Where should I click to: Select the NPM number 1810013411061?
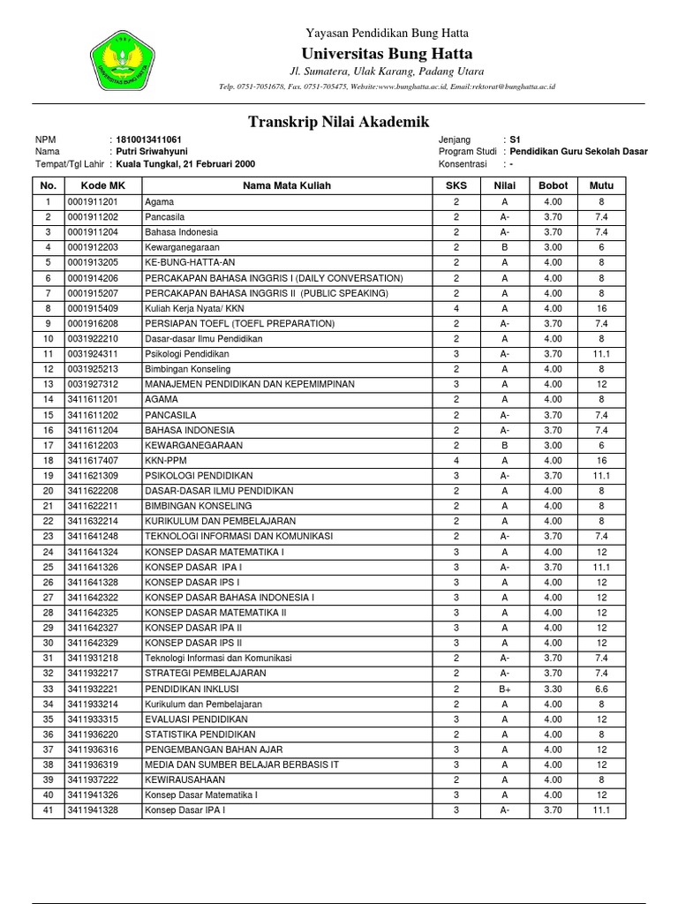click(148, 140)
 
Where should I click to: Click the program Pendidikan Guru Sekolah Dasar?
click(578, 152)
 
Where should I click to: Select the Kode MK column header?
click(102, 186)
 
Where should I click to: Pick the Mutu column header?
click(600, 186)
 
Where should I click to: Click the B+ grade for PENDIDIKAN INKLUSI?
click(504, 689)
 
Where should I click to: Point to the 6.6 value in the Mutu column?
click(600, 689)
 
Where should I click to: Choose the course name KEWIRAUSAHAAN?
click(185, 780)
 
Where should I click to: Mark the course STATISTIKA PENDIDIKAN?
click(200, 734)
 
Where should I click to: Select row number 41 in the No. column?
click(48, 810)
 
